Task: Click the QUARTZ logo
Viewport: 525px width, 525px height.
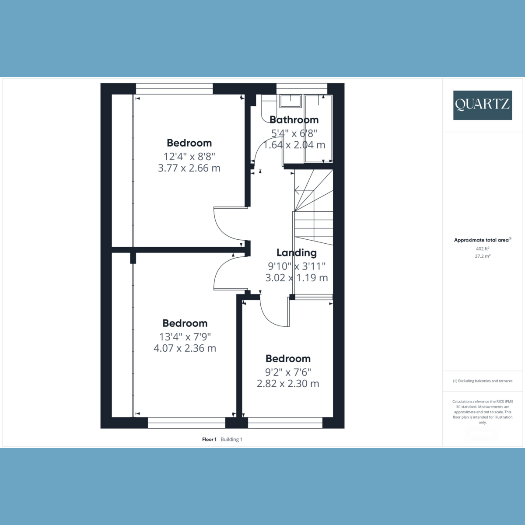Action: coord(483,105)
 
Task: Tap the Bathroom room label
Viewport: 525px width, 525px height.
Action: coord(294,120)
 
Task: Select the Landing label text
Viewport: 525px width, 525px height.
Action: coord(297,252)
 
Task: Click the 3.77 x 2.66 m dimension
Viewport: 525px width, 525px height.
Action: coord(189,168)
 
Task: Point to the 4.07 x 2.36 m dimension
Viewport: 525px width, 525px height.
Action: coord(185,348)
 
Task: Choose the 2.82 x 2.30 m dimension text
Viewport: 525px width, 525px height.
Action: coord(288,384)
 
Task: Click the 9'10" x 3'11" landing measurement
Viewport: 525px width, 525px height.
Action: coord(297,266)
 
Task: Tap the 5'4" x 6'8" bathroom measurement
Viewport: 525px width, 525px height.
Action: coord(294,133)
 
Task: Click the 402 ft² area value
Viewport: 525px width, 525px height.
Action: coord(483,248)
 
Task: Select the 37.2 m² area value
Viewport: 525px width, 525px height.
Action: coord(483,256)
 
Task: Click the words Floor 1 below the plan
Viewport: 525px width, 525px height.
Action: coord(209,439)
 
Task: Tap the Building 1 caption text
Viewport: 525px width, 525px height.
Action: coord(231,439)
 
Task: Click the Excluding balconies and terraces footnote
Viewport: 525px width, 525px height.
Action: coord(483,381)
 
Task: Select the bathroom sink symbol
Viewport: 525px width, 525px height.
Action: coord(290,101)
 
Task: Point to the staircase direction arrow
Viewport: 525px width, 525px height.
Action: coord(298,191)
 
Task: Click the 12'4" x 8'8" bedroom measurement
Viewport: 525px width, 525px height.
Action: coord(189,156)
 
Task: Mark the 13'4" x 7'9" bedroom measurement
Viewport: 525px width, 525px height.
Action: coord(185,336)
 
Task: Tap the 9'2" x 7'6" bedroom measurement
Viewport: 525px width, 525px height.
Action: coord(288,372)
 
